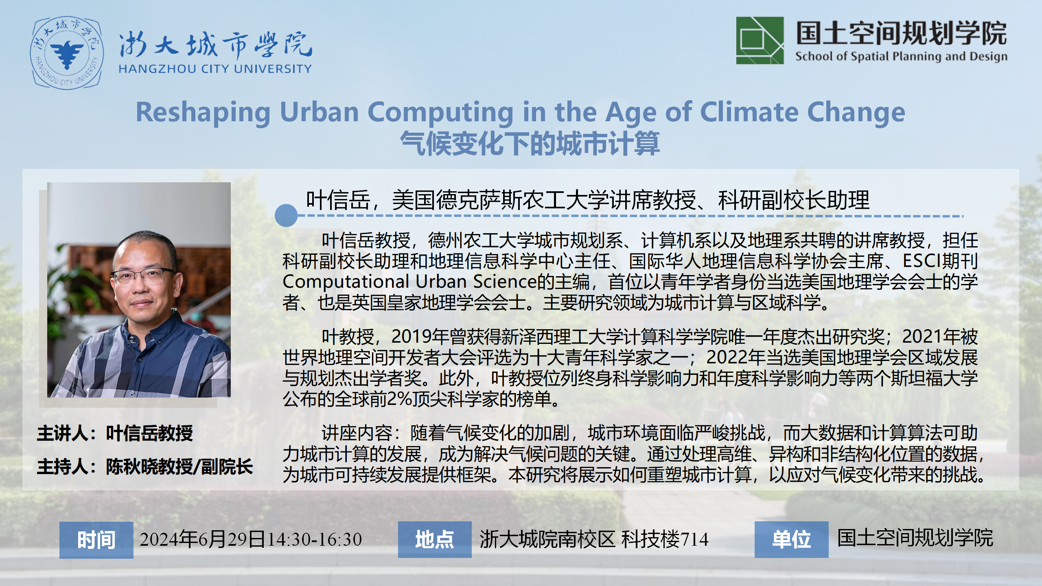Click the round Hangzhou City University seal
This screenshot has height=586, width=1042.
(x=67, y=52)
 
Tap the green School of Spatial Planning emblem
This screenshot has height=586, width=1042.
(x=760, y=40)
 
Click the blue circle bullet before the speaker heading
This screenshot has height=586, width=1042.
(x=286, y=215)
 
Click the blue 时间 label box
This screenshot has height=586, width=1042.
(x=96, y=540)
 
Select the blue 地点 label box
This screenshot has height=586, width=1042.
(x=435, y=540)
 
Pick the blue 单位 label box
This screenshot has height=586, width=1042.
(x=792, y=540)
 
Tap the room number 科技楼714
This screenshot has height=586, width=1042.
(x=665, y=539)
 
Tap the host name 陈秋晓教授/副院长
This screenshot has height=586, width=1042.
(x=180, y=467)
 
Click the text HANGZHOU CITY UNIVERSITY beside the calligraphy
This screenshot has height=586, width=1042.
(x=215, y=69)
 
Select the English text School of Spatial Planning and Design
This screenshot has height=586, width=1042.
(x=902, y=56)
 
